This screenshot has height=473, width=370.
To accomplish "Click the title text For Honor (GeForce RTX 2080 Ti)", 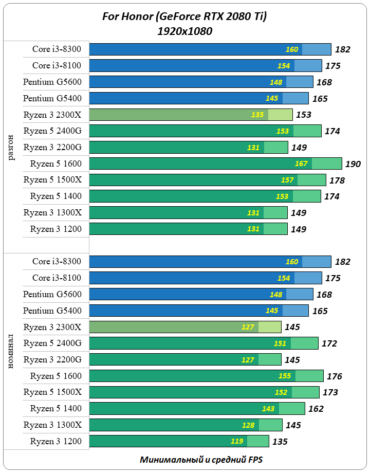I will pyautogui.click(x=185, y=17).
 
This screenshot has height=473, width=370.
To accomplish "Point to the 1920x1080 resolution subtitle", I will pyautogui.click(x=185, y=31).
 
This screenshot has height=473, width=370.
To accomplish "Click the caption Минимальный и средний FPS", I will pyautogui.click(x=200, y=460).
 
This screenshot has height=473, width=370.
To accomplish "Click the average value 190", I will pyautogui.click(x=353, y=165).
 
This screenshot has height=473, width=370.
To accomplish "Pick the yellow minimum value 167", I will pyautogui.click(x=301, y=164).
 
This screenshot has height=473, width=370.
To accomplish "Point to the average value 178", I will pyautogui.click(x=337, y=181).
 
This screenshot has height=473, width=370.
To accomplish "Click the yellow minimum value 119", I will pyautogui.click(x=237, y=441).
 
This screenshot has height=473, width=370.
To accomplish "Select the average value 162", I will pyautogui.click(x=316, y=409).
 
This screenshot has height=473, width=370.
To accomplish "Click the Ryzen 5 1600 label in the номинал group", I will pyautogui.click(x=55, y=376).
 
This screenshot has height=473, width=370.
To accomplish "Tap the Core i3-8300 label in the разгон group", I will pyautogui.click(x=57, y=49).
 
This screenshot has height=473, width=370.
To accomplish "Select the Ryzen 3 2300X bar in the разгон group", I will pyautogui.click(x=191, y=115).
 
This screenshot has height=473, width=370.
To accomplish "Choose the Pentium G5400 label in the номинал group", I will pyautogui.click(x=52, y=311).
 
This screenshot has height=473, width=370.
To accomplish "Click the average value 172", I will pyautogui.click(x=329, y=344).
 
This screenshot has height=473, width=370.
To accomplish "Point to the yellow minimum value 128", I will pyautogui.click(x=249, y=425).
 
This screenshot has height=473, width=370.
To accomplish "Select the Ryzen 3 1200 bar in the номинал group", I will pyautogui.click(x=179, y=441).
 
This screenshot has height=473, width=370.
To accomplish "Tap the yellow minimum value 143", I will pyautogui.click(x=269, y=409).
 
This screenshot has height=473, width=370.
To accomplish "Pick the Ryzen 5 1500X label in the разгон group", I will pyautogui.click(x=52, y=180).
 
